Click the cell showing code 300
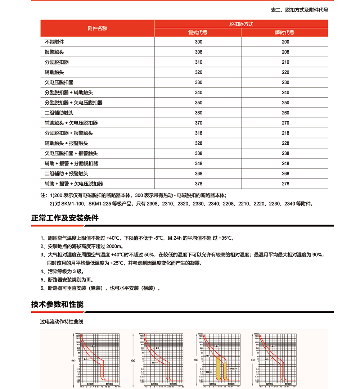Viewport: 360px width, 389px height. pyautogui.click(x=198, y=42)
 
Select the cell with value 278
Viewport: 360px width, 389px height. pyautogui.click(x=285, y=184)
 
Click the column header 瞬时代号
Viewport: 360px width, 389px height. pyautogui.click(x=285, y=32)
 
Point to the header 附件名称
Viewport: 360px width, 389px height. pyautogui.click(x=98, y=28)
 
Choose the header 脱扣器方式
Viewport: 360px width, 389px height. pyautogui.click(x=241, y=24)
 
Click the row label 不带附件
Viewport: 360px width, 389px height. pyautogui.click(x=54, y=42)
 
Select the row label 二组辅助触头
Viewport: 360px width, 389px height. pyautogui.click(x=59, y=113)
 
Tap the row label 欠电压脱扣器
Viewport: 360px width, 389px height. pyautogui.click(x=59, y=82)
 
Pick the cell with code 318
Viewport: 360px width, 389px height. pyautogui.click(x=198, y=133)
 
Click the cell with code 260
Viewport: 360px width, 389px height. pyautogui.click(x=285, y=113)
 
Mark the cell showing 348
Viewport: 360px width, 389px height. pyautogui.click(x=198, y=163)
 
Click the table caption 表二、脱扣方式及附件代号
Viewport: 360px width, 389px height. pyautogui.click(x=299, y=10)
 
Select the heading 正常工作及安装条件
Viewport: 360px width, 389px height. pyautogui.click(x=65, y=218)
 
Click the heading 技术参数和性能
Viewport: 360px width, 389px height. pyautogui.click(x=57, y=304)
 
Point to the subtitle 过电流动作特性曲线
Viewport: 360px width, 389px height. pyautogui.click(x=62, y=321)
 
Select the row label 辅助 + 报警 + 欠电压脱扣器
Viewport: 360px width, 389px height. pyautogui.click(x=74, y=184)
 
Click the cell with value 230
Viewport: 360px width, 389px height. pyautogui.click(x=285, y=82)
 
